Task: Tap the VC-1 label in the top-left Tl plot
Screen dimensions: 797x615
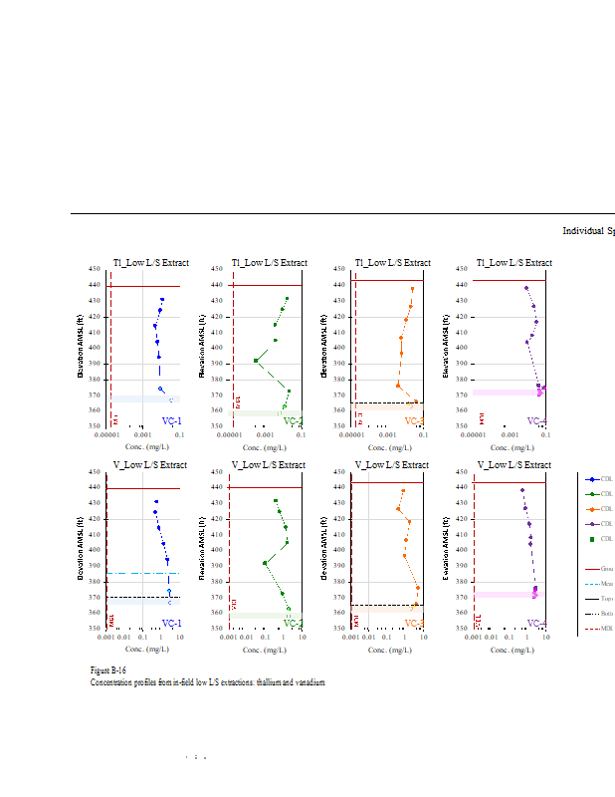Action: [171, 421]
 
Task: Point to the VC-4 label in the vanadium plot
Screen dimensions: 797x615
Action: [536, 624]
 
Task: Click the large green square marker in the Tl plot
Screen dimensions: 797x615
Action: [257, 361]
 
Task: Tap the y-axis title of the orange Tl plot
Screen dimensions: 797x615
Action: [323, 347]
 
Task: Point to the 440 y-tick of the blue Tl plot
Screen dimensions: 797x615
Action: [95, 285]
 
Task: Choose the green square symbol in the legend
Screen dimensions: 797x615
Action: [592, 539]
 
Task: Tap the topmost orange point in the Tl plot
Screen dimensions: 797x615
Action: [413, 289]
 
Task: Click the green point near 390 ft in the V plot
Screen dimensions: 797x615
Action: [265, 563]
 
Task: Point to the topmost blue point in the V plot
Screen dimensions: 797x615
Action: [156, 502]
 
